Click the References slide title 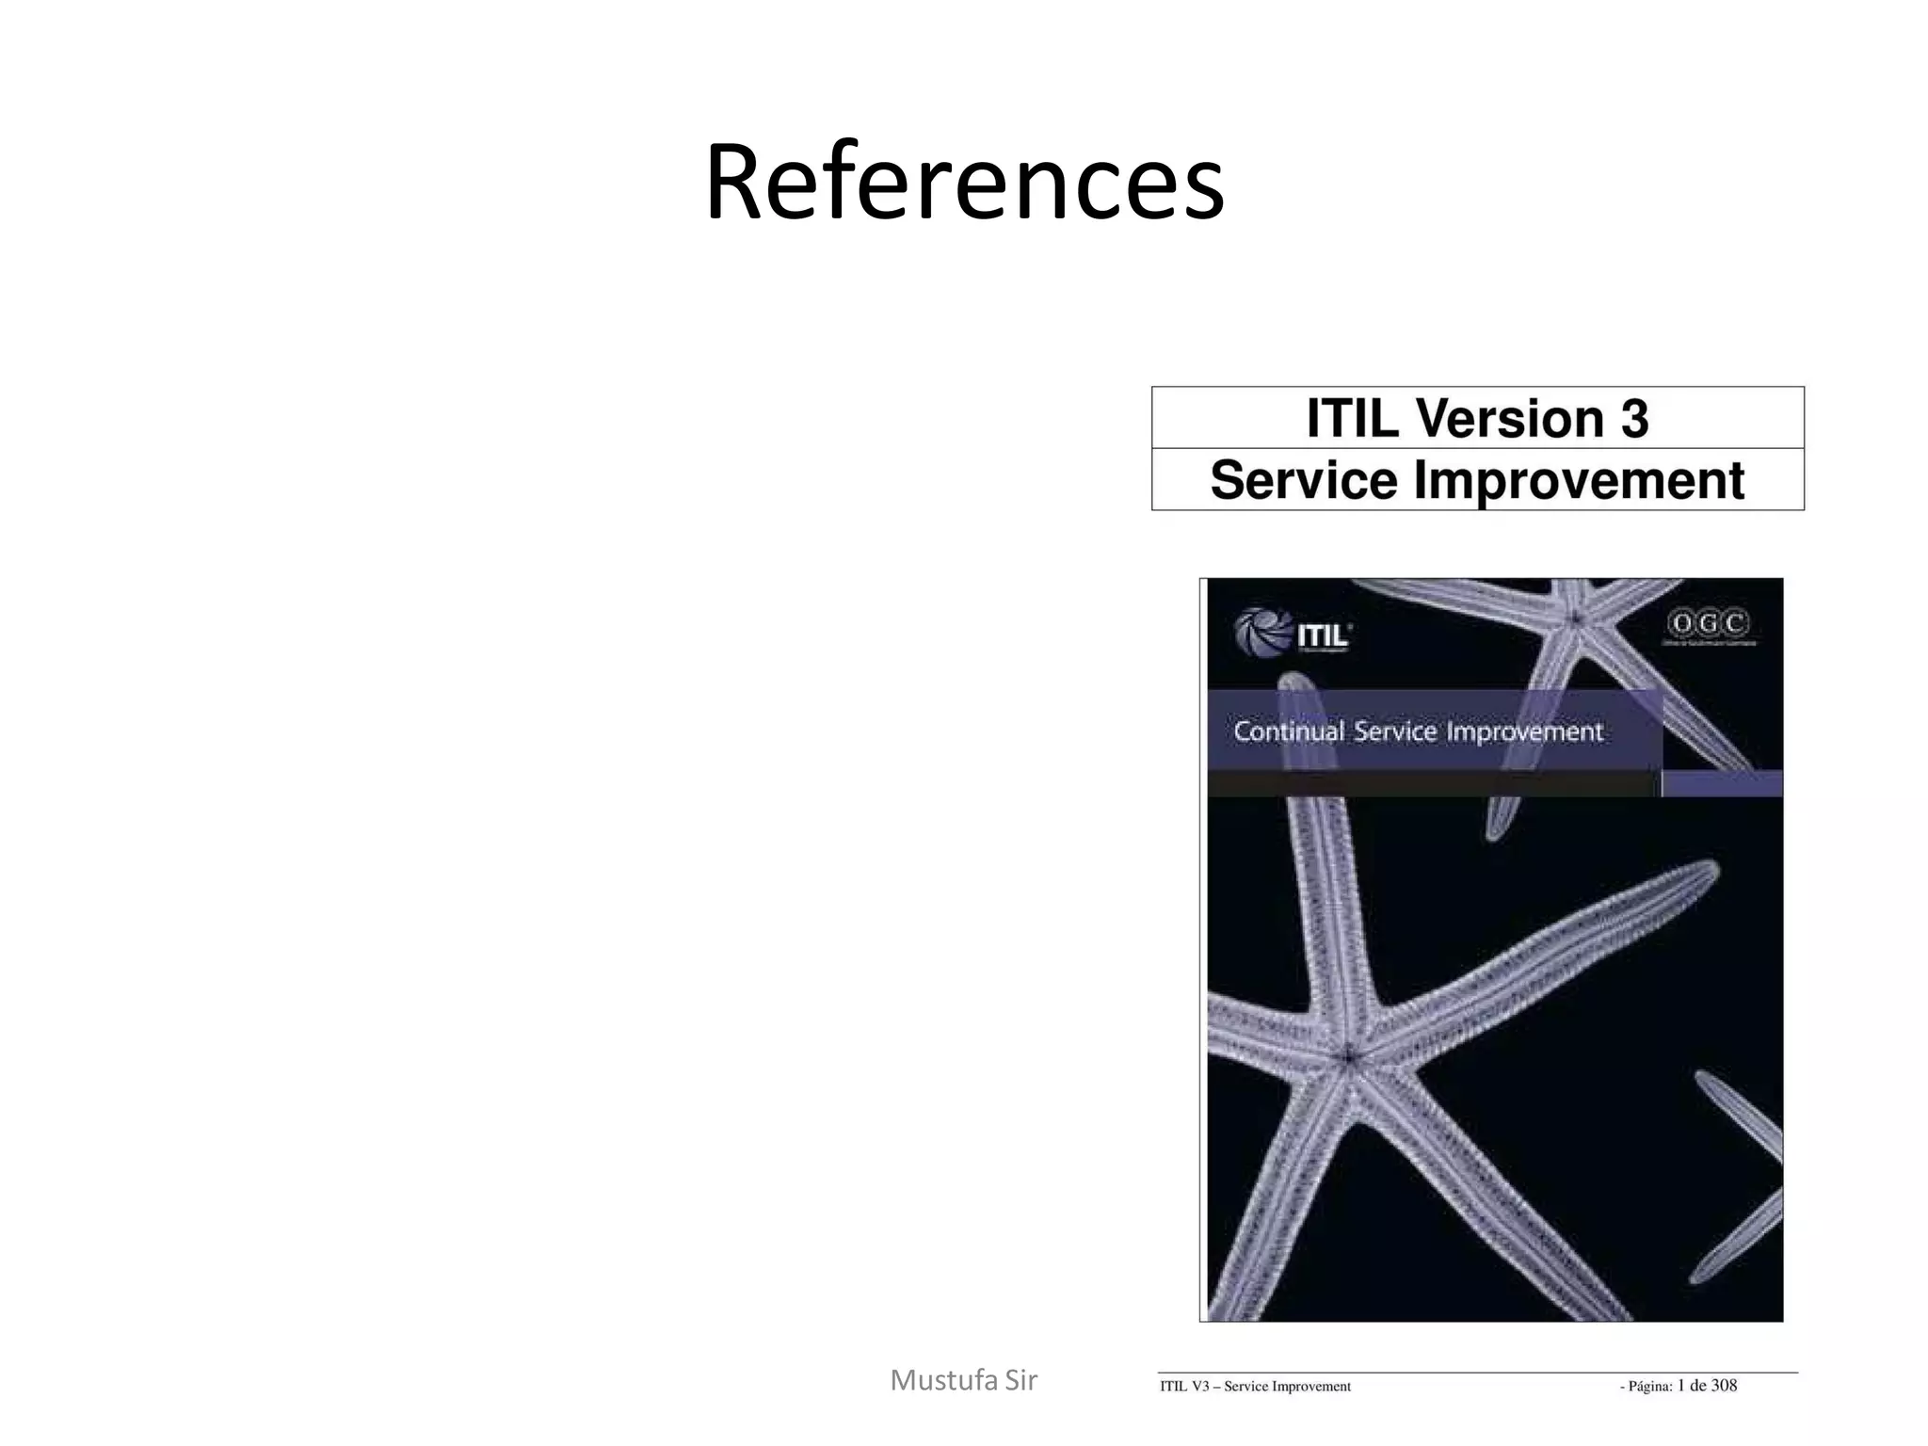tap(964, 181)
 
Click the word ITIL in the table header tap(1352, 418)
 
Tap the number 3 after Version tap(1633, 418)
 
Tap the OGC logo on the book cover tap(1709, 624)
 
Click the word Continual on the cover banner tap(1289, 731)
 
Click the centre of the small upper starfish tap(1575, 618)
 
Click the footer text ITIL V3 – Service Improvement tap(1255, 1386)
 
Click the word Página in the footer tap(1649, 1386)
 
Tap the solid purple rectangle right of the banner tap(1722, 783)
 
